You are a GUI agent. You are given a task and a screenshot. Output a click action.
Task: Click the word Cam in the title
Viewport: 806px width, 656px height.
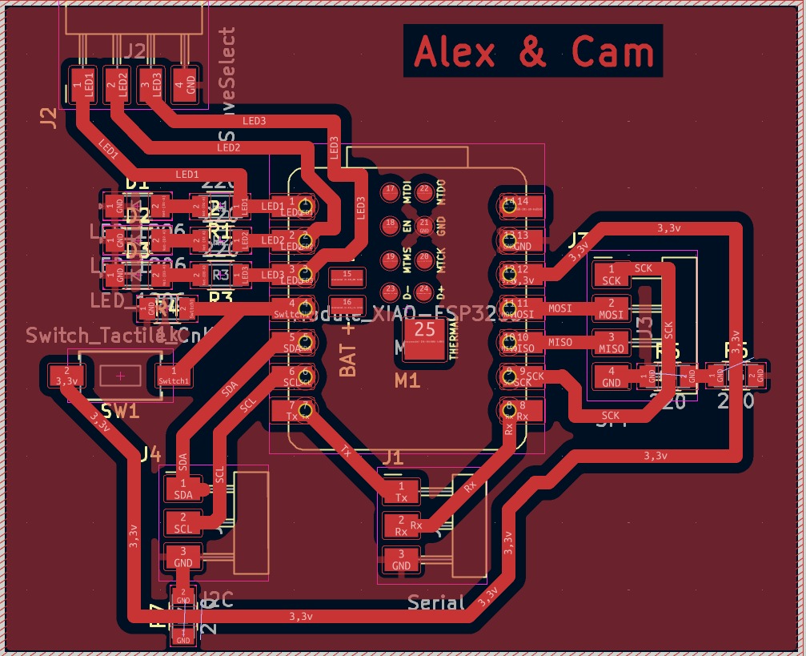coord(612,52)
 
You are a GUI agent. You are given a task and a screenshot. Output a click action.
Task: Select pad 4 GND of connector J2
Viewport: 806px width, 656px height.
coord(189,83)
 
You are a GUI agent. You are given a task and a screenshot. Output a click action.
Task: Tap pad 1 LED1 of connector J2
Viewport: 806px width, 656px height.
coord(78,83)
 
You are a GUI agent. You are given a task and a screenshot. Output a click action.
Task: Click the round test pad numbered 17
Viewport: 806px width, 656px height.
coord(391,191)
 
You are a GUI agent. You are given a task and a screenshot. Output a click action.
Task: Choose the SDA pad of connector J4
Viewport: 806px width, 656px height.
coord(183,488)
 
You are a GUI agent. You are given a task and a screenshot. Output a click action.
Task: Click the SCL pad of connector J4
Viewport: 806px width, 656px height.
coord(183,522)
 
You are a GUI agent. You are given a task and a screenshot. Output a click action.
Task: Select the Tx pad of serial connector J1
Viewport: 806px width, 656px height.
coord(401,491)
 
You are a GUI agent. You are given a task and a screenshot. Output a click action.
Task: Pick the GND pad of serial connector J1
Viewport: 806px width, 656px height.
coord(401,559)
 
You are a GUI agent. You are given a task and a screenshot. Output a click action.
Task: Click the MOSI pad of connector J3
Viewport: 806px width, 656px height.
coord(612,308)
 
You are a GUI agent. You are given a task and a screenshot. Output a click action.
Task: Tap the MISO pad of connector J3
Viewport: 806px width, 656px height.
coord(612,343)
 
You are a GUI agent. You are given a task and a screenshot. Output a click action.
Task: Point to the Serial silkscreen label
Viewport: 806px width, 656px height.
coord(436,602)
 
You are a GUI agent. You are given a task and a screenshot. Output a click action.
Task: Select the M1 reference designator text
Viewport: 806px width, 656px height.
coord(407,382)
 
